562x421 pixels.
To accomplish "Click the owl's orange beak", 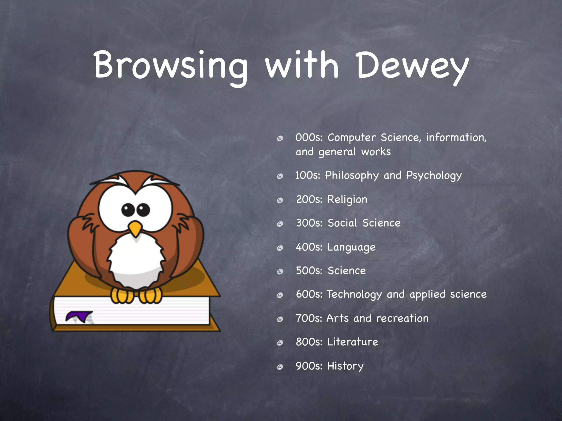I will click(135, 228).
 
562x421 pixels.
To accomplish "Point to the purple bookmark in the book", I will click(79, 316).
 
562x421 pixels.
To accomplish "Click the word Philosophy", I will click(352, 176).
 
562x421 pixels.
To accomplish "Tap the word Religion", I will click(347, 200).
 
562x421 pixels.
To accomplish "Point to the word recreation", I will click(402, 318).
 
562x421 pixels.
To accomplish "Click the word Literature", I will click(353, 342).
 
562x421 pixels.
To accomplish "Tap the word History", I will click(345, 366).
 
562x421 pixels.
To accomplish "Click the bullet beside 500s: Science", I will click(280, 272).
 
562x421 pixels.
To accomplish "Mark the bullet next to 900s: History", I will click(280, 367).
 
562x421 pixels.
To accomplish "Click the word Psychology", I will click(434, 176).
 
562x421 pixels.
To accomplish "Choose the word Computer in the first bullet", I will click(352, 138).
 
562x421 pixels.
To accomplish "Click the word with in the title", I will click(302, 66).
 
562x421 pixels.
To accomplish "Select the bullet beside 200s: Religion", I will click(280, 201).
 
